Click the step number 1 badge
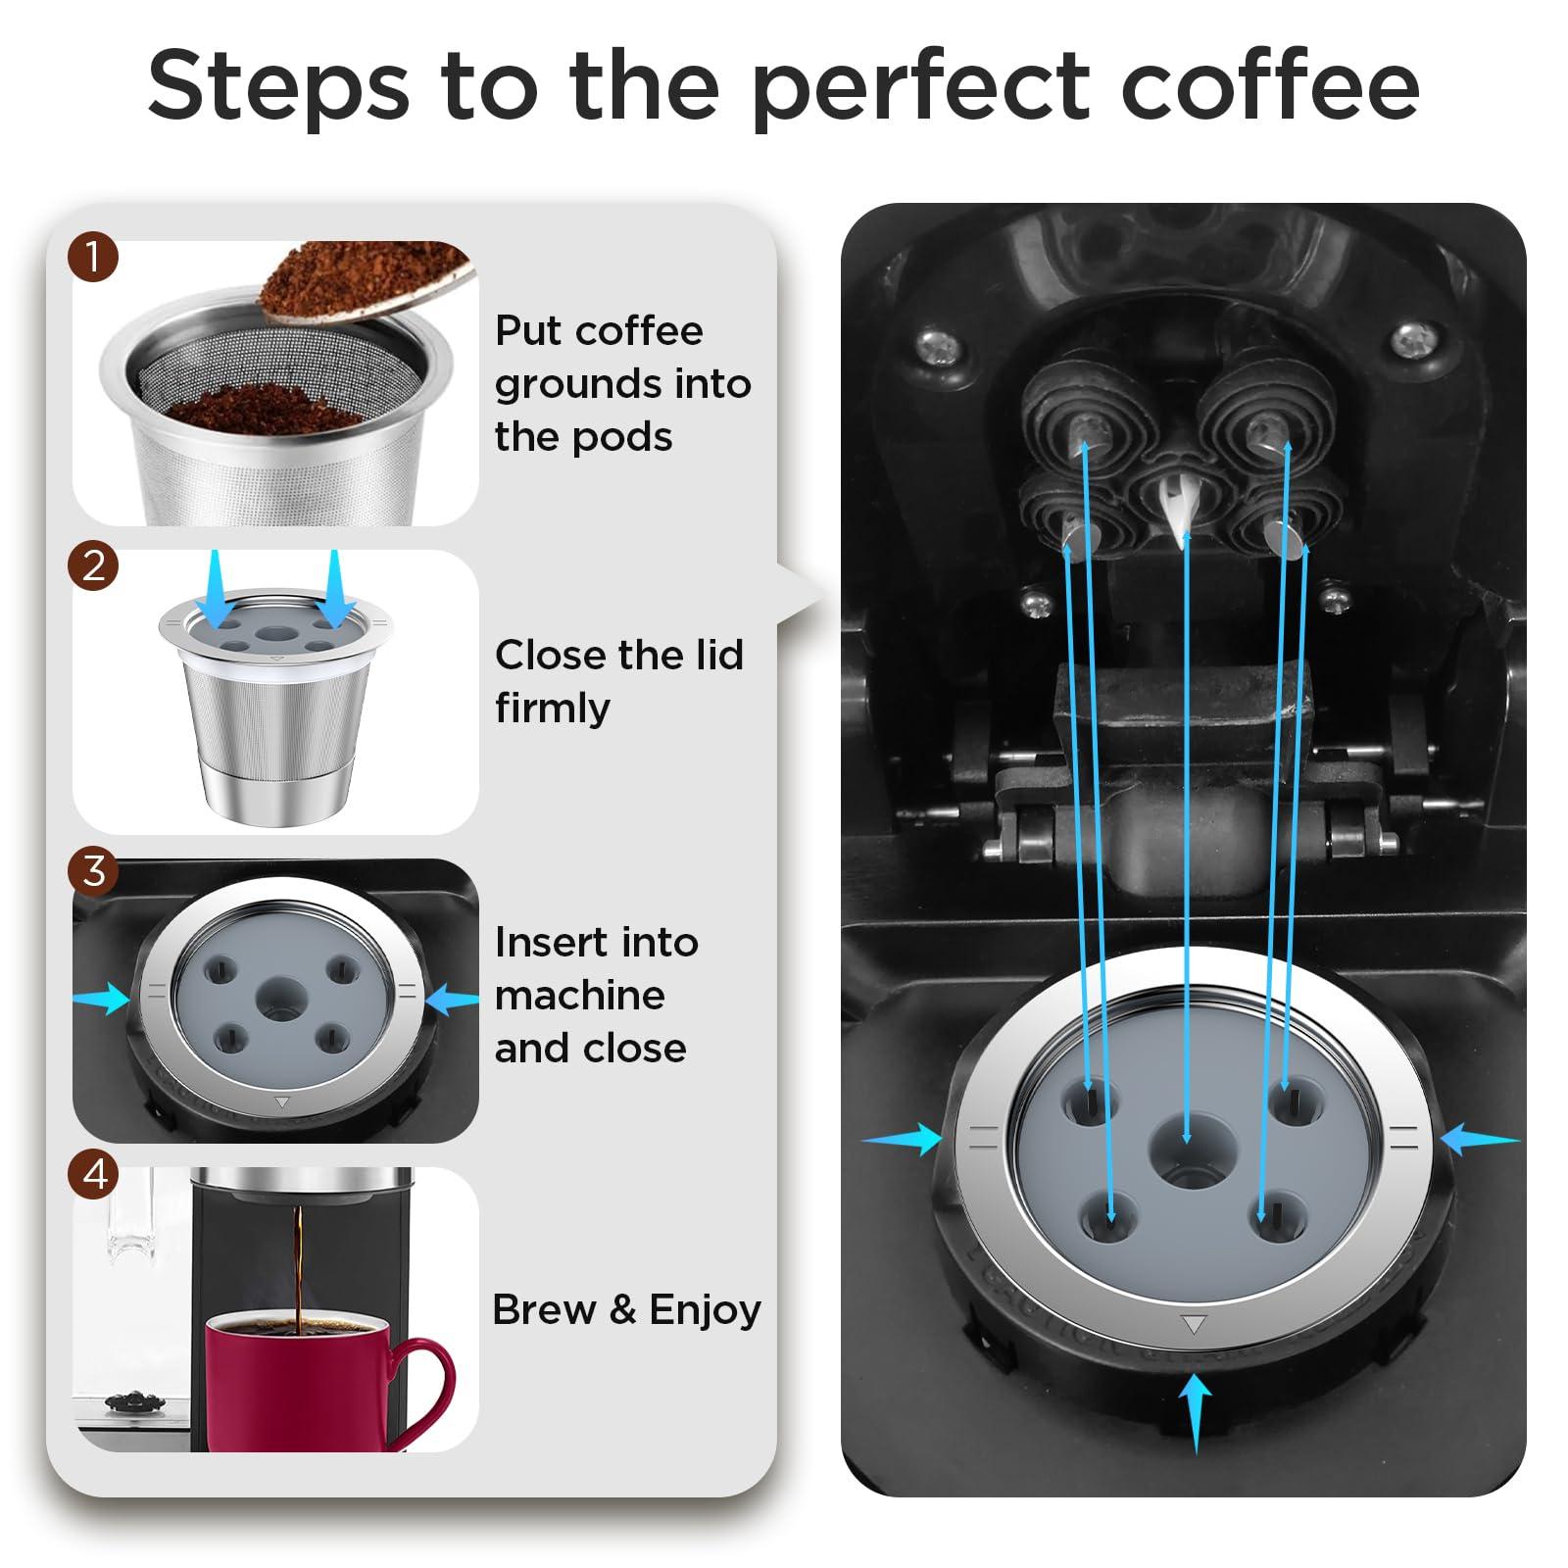(x=93, y=258)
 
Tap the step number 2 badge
(x=93, y=565)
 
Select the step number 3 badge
(x=93, y=870)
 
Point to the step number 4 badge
(x=93, y=1173)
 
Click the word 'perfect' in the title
(x=919, y=86)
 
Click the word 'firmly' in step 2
(x=552, y=709)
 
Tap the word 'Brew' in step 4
(x=543, y=1310)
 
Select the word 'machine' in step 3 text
(x=579, y=996)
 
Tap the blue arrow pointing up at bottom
(x=1194, y=1411)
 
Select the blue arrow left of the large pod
(x=902, y=1139)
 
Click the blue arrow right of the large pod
(x=1480, y=1140)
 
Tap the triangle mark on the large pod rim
(x=1193, y=1325)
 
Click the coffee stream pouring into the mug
(x=297, y=1264)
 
